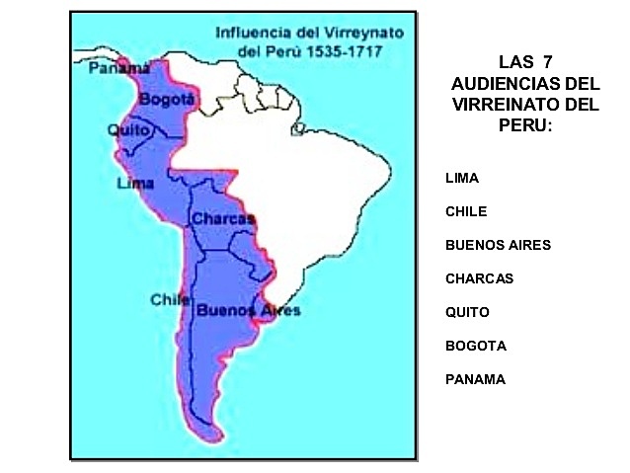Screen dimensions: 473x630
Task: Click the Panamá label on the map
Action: click(112, 68)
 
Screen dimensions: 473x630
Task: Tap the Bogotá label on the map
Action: click(165, 100)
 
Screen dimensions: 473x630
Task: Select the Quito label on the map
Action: click(128, 129)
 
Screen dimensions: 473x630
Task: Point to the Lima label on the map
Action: click(134, 184)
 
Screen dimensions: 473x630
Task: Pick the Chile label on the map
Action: click(167, 298)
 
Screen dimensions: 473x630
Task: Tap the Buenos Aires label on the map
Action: click(248, 309)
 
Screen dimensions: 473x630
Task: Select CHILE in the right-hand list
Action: click(466, 211)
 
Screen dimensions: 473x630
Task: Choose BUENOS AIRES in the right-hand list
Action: click(498, 245)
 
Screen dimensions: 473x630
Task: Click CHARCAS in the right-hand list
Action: click(479, 278)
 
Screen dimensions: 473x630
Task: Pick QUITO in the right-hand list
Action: click(467, 312)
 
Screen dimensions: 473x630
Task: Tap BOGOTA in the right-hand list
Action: click(476, 346)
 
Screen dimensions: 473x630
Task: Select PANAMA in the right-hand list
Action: click(475, 379)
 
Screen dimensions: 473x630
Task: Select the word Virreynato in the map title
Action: click(354, 31)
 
